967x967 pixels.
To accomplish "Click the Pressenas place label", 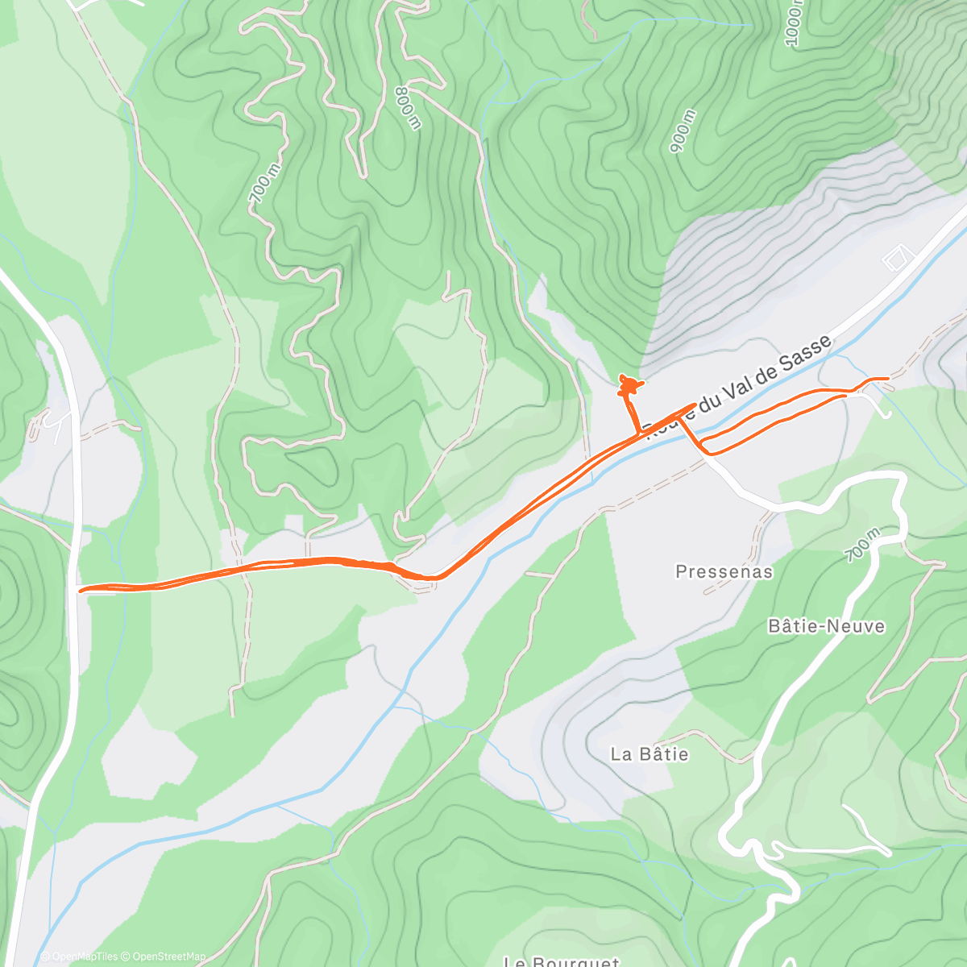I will click(724, 572).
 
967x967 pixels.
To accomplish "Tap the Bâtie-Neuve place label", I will click(826, 626).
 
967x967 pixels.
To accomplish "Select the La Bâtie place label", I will click(650, 754).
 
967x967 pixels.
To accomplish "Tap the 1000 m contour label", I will click(795, 23).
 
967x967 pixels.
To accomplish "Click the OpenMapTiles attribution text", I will click(78, 957).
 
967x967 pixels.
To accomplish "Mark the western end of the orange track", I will click(80, 590).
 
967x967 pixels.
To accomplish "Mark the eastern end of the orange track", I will click(887, 378).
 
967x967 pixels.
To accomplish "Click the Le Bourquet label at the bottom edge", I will click(561, 961).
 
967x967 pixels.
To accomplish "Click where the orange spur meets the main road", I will click(639, 434).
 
